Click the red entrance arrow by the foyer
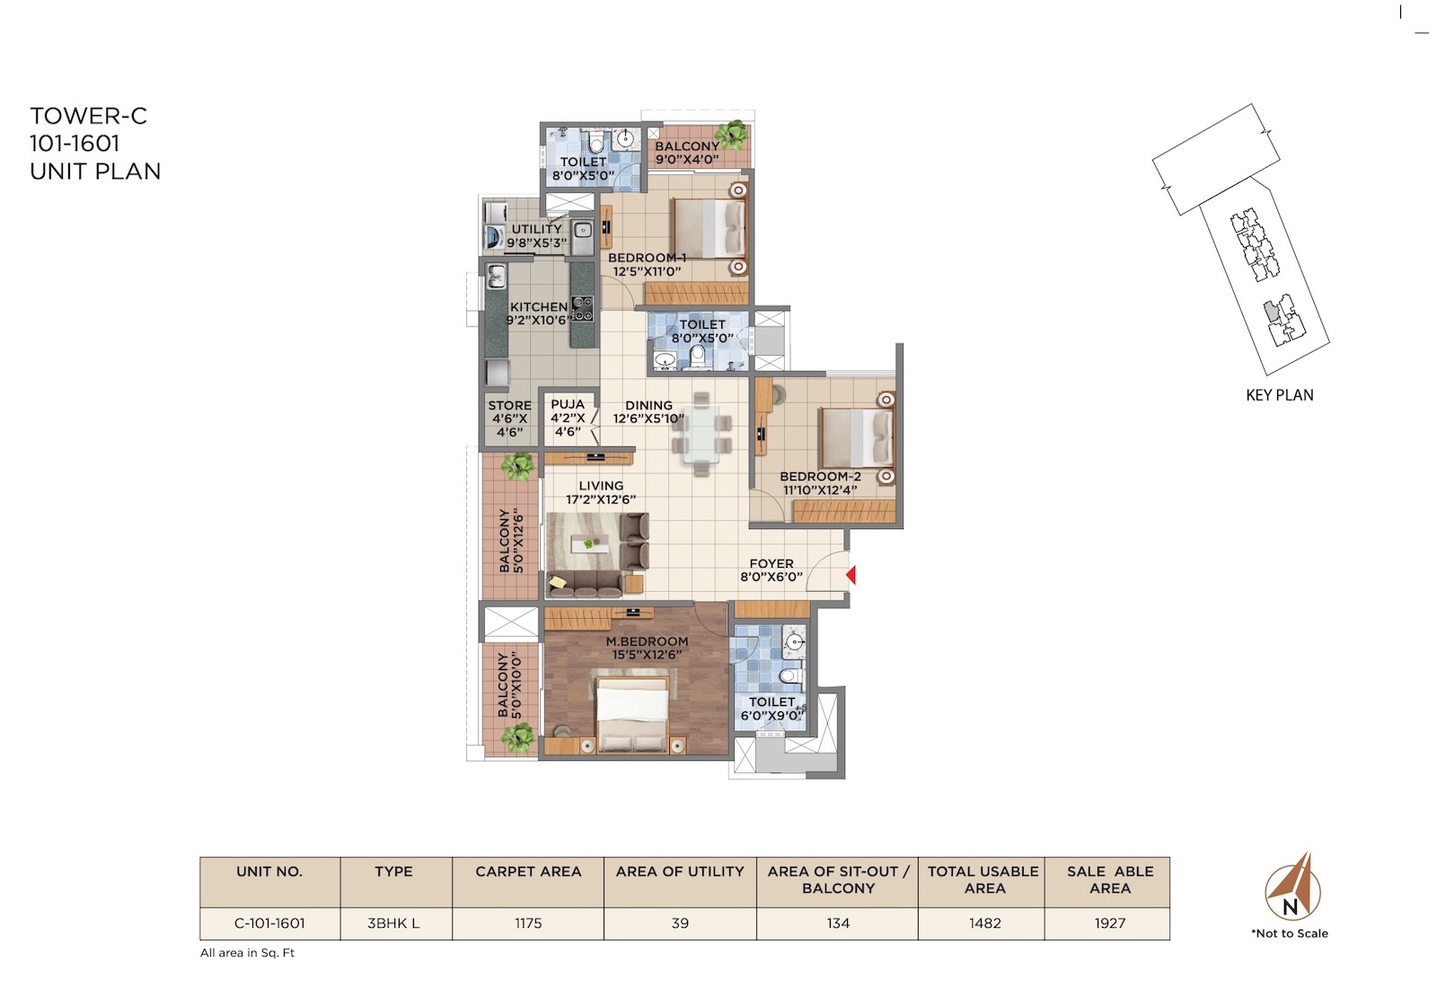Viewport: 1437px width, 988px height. click(851, 575)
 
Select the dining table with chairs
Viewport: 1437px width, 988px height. click(701, 435)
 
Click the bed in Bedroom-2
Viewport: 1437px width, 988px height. click(857, 437)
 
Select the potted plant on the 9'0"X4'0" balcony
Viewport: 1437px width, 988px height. click(731, 136)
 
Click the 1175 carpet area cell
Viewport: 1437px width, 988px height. click(528, 923)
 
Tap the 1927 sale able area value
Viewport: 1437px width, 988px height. click(1110, 923)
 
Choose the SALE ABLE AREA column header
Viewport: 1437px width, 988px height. click(1110, 879)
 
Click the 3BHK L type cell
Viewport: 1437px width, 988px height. click(393, 923)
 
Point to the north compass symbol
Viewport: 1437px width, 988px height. click(1292, 887)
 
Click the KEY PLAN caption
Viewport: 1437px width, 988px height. click(1279, 395)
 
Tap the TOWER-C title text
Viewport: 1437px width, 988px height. click(89, 116)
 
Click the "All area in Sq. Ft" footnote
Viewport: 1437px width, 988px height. click(247, 953)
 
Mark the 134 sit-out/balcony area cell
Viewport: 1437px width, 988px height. click(838, 923)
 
